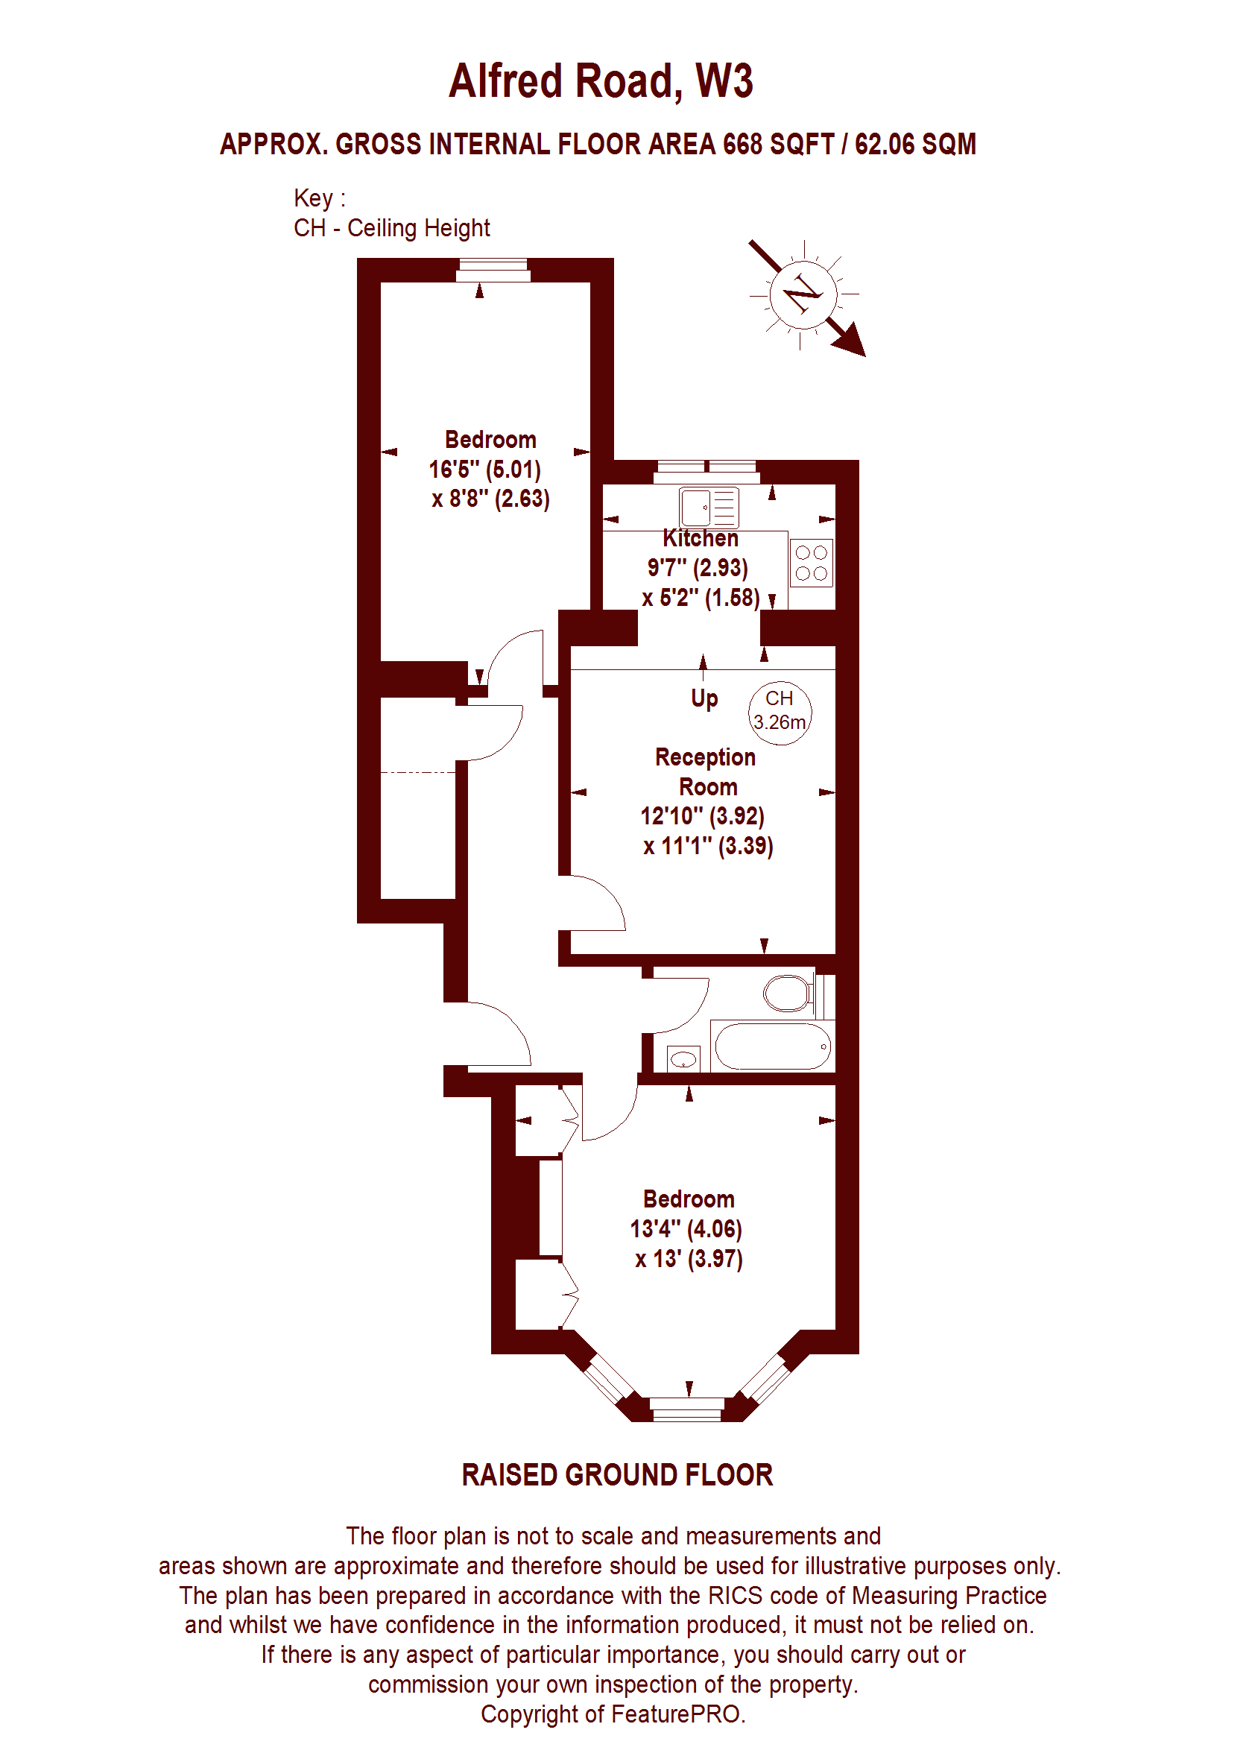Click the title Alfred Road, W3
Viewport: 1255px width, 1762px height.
pos(601,80)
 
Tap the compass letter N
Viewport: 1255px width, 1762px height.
pos(803,293)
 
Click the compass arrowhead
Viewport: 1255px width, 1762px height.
pos(851,340)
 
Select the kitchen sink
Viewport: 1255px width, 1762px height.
pos(709,508)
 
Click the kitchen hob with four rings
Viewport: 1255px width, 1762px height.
pos(812,563)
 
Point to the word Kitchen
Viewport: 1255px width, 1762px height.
pos(700,538)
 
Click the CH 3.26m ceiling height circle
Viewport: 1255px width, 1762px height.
pos(780,713)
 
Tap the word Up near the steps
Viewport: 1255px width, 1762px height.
pos(704,698)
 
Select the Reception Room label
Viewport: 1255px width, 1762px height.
pos(706,771)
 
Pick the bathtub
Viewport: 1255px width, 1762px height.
pos(773,1046)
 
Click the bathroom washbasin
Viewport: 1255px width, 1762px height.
pos(683,1058)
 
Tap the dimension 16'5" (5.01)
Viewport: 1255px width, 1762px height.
pos(484,469)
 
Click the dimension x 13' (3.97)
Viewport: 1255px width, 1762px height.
pos(689,1259)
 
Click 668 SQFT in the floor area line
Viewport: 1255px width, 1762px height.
pos(778,144)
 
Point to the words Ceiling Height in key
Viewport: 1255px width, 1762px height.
pos(418,228)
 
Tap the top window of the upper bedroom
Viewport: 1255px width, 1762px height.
pos(493,270)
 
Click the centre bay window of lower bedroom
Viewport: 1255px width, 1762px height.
pos(688,1409)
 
